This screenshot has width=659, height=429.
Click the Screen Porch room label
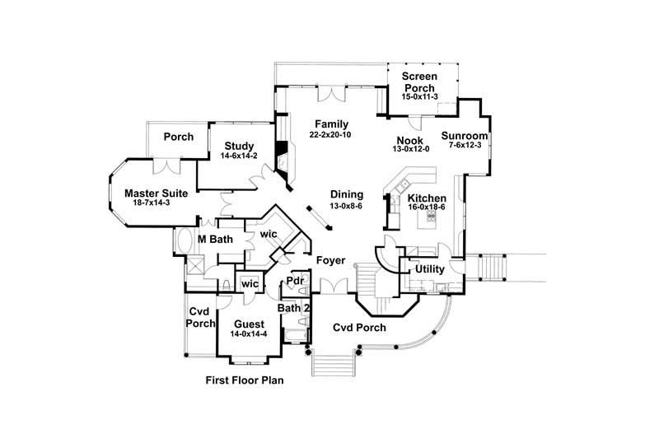click(419, 82)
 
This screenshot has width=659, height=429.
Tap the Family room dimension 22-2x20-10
click(330, 134)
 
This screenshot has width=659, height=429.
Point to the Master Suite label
click(157, 194)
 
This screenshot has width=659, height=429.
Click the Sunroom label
click(465, 136)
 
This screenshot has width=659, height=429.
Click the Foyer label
click(330, 261)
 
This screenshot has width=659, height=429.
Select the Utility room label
click(429, 269)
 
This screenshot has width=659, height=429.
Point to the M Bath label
click(216, 240)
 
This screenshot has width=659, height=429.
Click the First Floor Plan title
click(245, 381)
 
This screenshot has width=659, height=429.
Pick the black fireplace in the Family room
click(283, 155)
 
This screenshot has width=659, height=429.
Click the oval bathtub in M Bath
click(183, 243)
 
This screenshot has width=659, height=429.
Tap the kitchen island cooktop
click(429, 217)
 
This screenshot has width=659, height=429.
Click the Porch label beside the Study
click(178, 137)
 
